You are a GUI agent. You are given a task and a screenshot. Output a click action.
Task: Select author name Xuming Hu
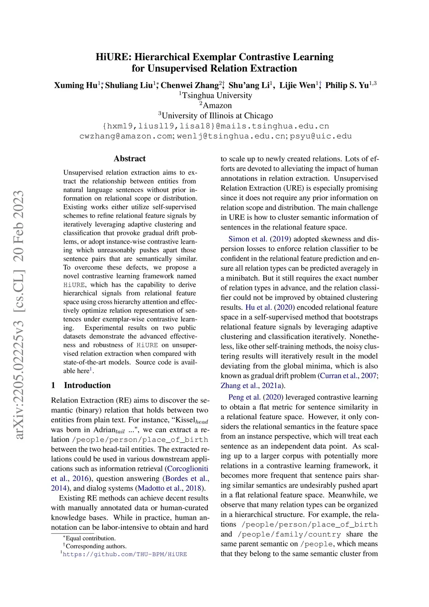click(75, 86)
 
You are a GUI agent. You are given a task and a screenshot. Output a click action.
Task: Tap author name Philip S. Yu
click(347, 86)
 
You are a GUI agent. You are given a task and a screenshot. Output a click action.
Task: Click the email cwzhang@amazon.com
click(126, 136)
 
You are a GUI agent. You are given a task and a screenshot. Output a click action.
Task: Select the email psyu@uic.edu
click(320, 136)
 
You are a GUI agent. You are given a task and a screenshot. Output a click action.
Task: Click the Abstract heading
click(130, 158)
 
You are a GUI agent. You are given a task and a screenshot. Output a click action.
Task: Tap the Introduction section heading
click(87, 385)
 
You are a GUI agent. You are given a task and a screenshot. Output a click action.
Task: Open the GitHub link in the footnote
click(125, 554)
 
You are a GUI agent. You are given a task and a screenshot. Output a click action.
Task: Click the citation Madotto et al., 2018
click(170, 488)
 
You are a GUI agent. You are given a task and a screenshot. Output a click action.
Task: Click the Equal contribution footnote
click(90, 538)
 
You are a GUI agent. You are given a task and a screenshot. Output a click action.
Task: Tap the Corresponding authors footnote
click(96, 546)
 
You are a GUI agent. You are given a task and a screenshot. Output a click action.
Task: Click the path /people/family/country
click(289, 534)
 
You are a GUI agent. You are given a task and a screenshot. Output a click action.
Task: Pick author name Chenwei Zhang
click(189, 86)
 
